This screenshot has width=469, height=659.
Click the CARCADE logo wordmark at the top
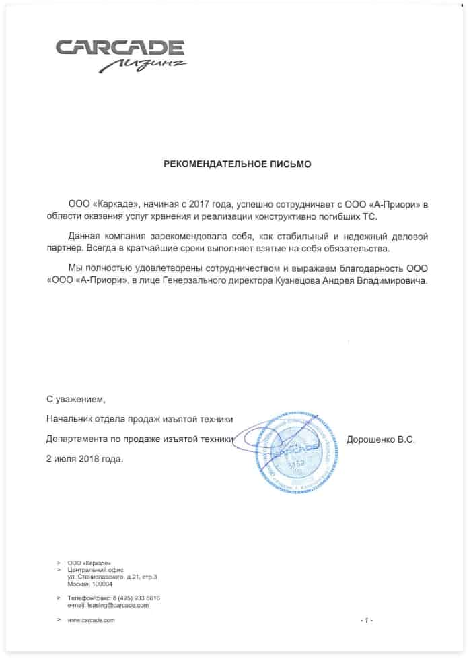[x=119, y=48]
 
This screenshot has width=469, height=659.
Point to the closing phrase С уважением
[x=76, y=399]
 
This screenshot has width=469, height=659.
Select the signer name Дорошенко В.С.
[x=381, y=439]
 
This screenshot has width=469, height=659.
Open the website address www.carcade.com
[x=92, y=620]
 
